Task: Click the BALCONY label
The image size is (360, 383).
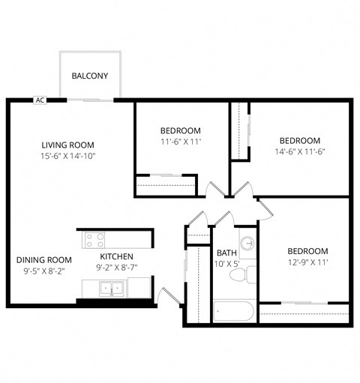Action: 90,76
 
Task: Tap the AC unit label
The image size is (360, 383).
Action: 40,100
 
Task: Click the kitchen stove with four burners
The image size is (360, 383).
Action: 94,240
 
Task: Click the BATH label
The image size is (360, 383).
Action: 227,253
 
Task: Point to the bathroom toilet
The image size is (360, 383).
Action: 239,277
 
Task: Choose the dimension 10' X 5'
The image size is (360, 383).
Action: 227,264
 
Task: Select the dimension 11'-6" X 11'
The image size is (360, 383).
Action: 180,140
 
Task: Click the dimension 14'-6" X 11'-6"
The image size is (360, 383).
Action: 299,151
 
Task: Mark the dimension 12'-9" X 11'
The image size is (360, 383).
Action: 307,262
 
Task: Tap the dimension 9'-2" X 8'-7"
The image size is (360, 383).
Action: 118,267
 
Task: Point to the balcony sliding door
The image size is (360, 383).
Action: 87,99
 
